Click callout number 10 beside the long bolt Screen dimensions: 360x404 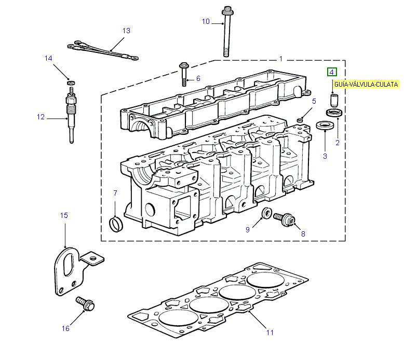(206, 21)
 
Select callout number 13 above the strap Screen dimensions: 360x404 (126, 31)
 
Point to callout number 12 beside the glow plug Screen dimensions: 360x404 (41, 117)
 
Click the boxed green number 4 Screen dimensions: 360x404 (331, 73)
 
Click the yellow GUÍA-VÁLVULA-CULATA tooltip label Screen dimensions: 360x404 (366, 84)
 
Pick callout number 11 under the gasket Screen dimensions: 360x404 (270, 332)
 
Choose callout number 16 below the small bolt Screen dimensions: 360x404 (65, 328)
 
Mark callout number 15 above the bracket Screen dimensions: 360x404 (64, 215)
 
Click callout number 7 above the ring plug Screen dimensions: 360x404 (115, 193)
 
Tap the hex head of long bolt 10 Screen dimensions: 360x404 (227, 10)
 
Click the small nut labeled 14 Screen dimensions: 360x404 (70, 82)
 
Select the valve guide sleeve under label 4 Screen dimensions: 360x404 (334, 99)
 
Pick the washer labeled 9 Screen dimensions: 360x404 (266, 213)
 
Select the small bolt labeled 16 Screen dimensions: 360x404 (85, 303)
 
